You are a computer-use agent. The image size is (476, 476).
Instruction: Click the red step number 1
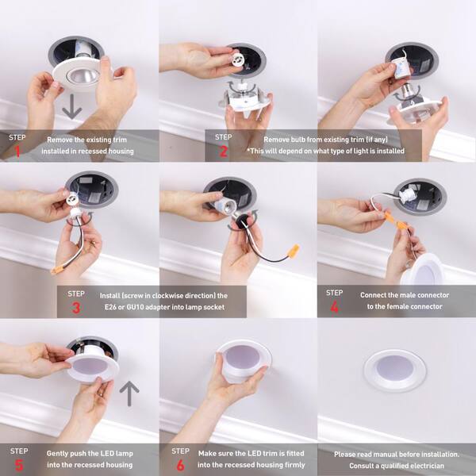(x=17, y=152)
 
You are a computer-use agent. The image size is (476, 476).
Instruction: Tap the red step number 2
(x=224, y=152)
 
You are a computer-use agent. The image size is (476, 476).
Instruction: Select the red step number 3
(x=76, y=308)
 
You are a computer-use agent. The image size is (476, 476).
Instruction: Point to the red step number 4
(x=334, y=307)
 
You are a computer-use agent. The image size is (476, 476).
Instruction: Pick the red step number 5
(x=19, y=465)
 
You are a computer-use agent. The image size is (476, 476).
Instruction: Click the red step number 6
(x=180, y=465)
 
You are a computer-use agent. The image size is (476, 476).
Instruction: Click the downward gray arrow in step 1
(x=72, y=106)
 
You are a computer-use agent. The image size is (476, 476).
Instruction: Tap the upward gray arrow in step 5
(x=129, y=393)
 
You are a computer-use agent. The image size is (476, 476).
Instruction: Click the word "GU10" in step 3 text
(x=135, y=307)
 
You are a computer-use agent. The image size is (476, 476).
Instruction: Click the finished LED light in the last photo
(x=395, y=370)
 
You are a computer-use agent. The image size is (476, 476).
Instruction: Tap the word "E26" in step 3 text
(x=110, y=307)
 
